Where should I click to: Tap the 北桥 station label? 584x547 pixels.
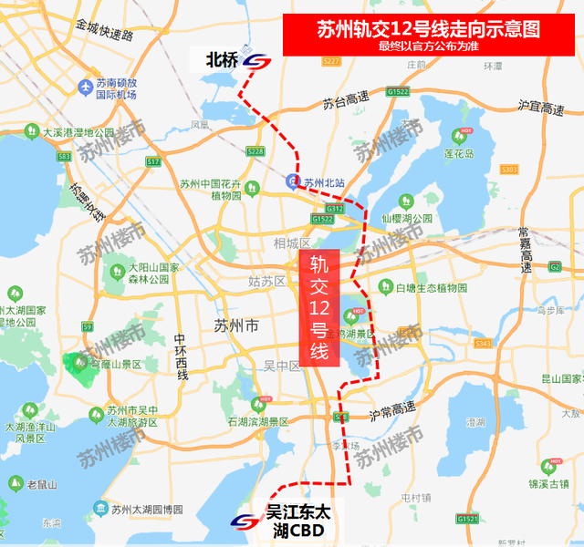222,60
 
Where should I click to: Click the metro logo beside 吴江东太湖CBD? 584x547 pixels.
244,522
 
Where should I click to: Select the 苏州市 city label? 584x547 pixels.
235,325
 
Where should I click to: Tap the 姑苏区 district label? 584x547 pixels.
267,282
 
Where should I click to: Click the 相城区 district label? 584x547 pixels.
292,243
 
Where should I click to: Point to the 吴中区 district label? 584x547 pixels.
282,366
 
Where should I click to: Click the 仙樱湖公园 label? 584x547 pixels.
407,219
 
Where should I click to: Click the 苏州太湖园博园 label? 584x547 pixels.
145,509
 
